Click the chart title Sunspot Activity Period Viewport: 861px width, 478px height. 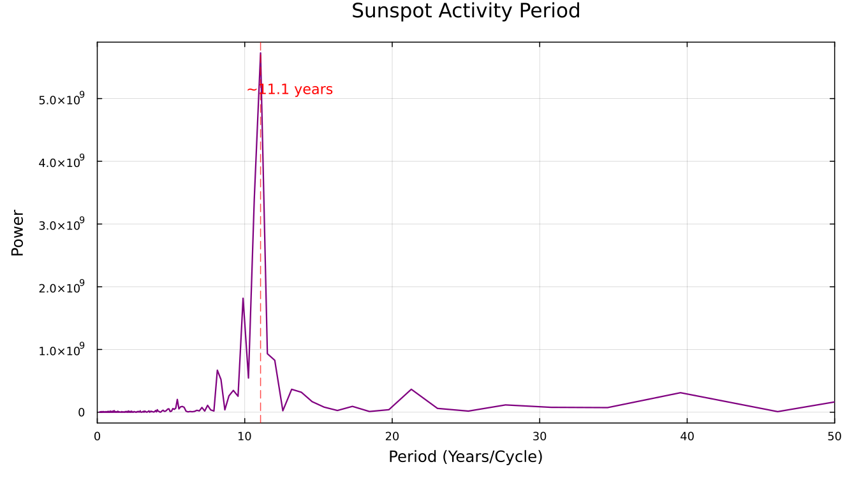click(x=466, y=11)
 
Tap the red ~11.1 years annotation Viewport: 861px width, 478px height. click(x=290, y=90)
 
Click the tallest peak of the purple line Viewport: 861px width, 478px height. click(x=260, y=54)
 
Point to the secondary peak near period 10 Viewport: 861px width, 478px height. click(x=243, y=298)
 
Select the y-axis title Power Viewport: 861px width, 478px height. click(x=18, y=233)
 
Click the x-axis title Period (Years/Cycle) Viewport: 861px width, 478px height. click(x=466, y=457)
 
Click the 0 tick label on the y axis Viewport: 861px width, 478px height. click(x=81, y=412)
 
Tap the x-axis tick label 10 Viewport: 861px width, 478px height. click(x=244, y=437)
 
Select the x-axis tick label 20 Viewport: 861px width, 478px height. click(x=392, y=437)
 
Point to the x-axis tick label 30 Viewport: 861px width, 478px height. click(x=540, y=437)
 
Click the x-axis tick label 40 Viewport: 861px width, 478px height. click(x=687, y=437)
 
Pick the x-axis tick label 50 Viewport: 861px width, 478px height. click(x=834, y=437)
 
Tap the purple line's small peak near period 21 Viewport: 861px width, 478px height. click(x=411, y=389)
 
